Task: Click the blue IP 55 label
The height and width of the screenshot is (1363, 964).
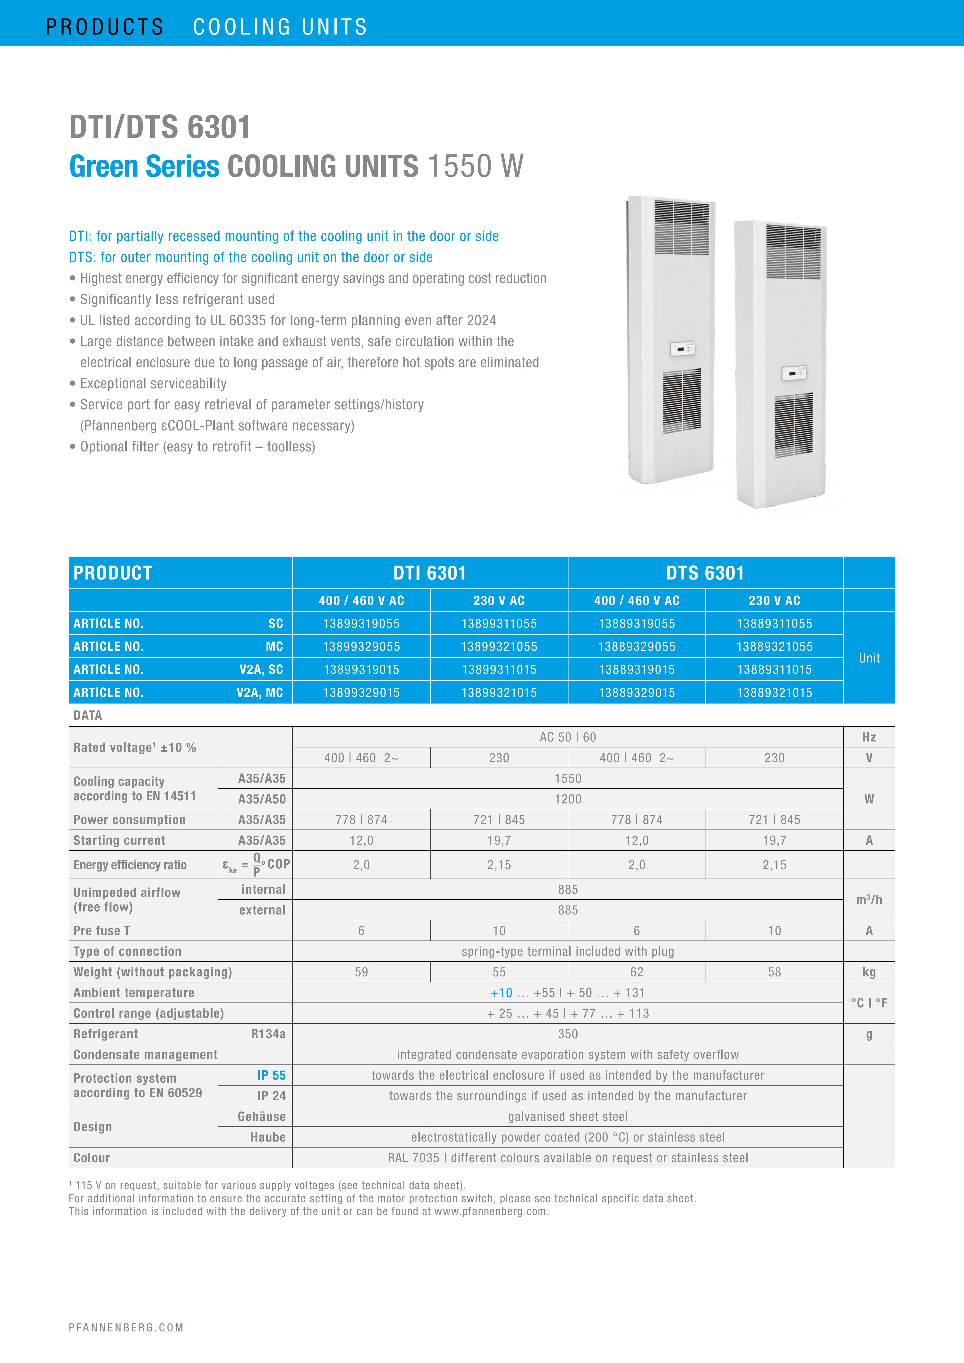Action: [x=271, y=1075]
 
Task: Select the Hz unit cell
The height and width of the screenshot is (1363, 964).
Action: [x=869, y=737]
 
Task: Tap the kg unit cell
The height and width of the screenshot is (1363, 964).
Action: [x=869, y=972]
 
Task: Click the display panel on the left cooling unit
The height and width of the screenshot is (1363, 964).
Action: [x=682, y=349]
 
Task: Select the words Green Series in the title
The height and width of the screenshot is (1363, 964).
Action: [x=144, y=166]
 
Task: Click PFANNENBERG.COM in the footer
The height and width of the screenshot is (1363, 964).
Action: [x=126, y=1327]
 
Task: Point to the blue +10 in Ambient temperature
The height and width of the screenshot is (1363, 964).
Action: [x=502, y=993]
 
